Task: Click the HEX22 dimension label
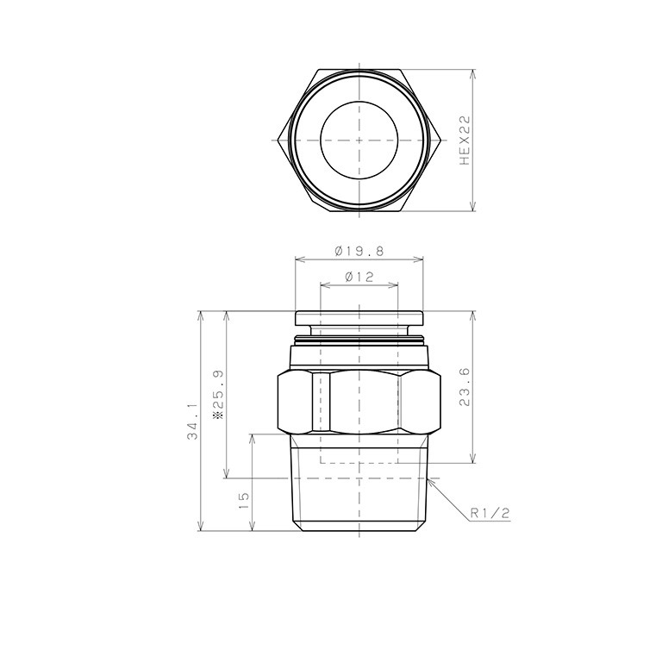point(464,141)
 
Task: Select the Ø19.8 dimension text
point(359,251)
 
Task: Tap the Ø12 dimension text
point(359,277)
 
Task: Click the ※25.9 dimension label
point(218,394)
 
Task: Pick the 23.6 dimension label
point(464,387)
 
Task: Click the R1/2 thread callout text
point(490,514)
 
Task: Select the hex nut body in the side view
point(359,402)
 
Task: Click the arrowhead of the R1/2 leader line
point(430,480)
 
